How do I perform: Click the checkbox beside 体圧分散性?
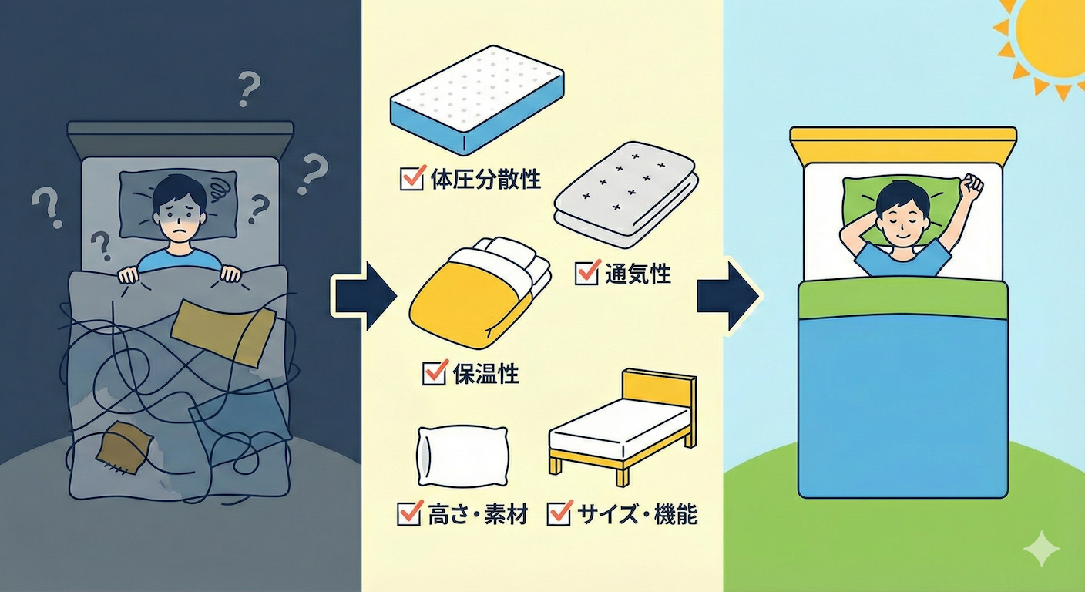tap(409, 180)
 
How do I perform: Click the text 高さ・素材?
tap(477, 514)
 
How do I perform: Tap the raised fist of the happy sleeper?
tap(972, 186)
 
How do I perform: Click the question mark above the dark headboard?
tap(247, 89)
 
